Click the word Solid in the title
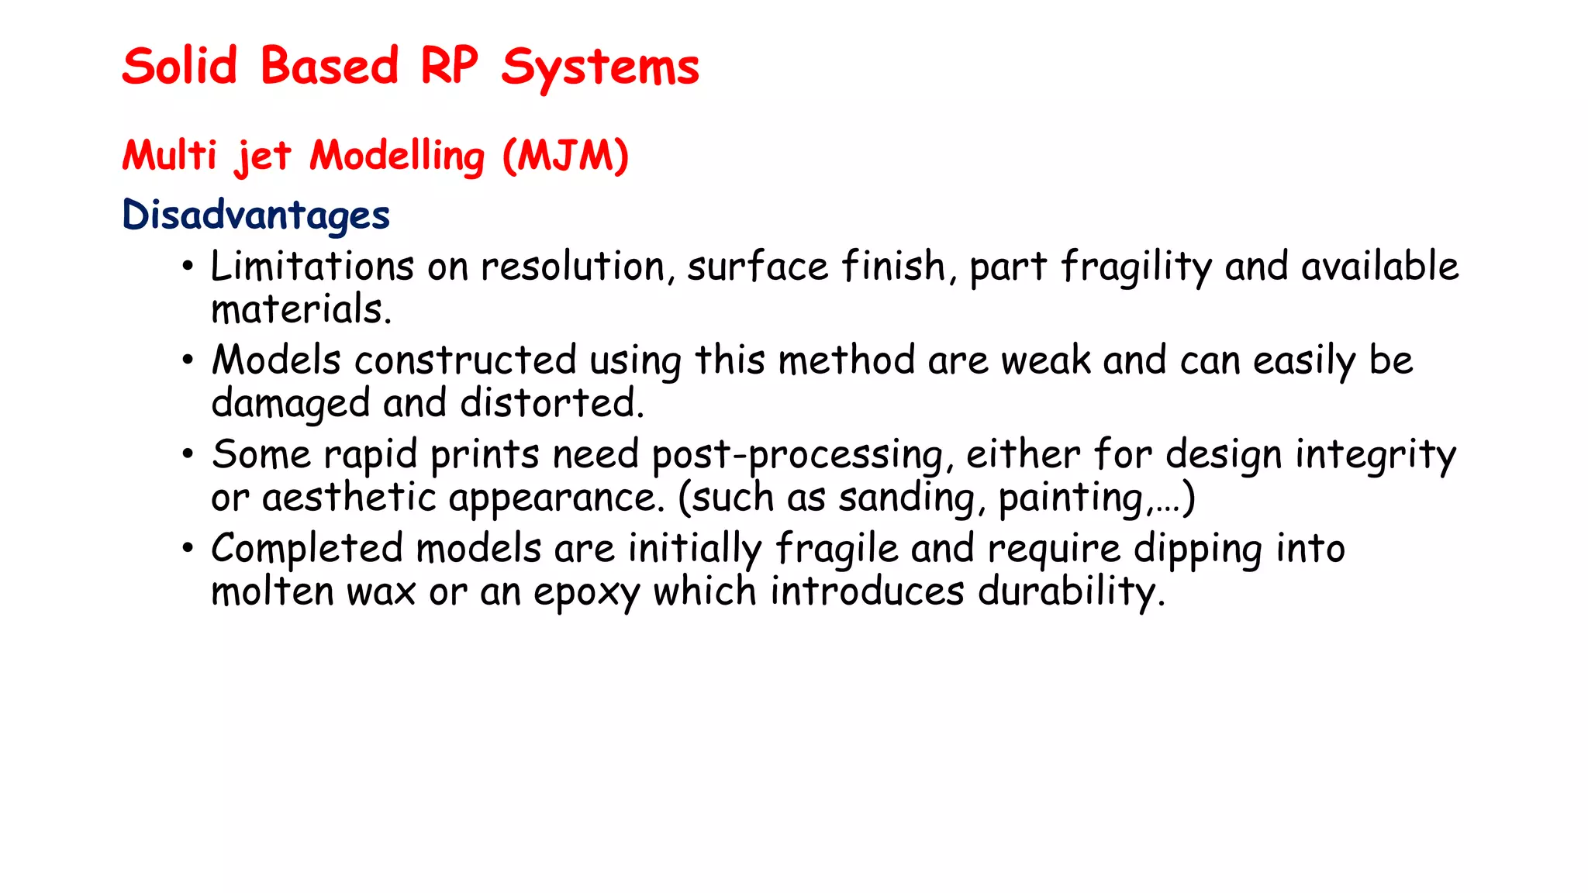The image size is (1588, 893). click(x=179, y=66)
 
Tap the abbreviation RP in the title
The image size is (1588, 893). click(x=449, y=66)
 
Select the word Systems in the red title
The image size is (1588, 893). click(x=599, y=68)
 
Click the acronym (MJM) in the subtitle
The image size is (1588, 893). click(x=565, y=156)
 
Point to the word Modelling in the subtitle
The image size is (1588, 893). click(x=397, y=157)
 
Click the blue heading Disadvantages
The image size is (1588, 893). click(x=256, y=215)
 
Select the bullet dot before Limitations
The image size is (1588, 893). click(x=188, y=267)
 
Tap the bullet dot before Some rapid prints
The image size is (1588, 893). click(x=188, y=455)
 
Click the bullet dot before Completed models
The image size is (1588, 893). click(x=188, y=549)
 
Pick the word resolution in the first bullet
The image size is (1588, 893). click(x=573, y=267)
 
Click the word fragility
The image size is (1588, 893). click(x=1136, y=267)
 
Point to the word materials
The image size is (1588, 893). click(x=301, y=309)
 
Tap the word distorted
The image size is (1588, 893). click(x=551, y=403)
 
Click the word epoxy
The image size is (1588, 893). click(x=586, y=593)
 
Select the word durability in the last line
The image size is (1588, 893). click(x=1071, y=592)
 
